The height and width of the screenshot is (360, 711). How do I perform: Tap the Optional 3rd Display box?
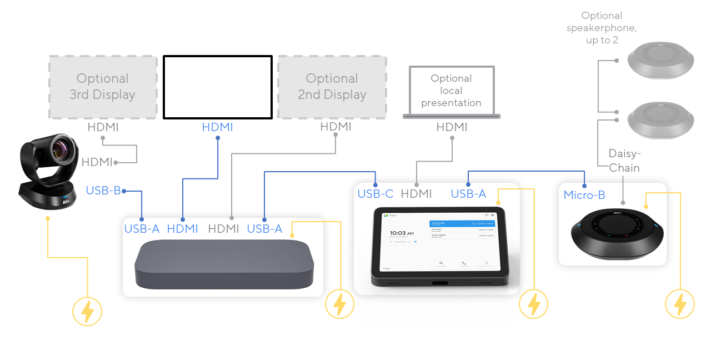tap(103, 87)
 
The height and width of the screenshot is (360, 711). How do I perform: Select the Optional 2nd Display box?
tap(332, 87)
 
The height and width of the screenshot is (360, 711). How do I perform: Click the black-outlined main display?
tap(218, 87)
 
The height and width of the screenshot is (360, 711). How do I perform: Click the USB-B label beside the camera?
tap(103, 191)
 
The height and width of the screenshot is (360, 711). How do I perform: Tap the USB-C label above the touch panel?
tap(375, 194)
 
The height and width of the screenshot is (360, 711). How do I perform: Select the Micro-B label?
tap(584, 195)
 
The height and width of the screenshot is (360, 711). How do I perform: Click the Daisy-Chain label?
tap(624, 161)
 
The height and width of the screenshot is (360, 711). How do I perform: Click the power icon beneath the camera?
tap(87, 311)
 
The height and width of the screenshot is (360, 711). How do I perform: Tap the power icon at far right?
tap(680, 304)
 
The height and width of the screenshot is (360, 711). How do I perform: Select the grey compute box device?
tap(223, 264)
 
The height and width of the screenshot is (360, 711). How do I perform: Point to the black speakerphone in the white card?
tap(617, 233)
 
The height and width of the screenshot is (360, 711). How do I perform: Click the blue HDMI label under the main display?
tap(218, 127)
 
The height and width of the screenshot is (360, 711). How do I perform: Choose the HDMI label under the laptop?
tap(452, 127)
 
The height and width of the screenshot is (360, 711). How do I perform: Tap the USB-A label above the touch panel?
tap(468, 194)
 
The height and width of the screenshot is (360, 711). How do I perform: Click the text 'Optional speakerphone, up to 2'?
tap(602, 28)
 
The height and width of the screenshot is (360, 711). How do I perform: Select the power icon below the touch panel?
tap(533, 304)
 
